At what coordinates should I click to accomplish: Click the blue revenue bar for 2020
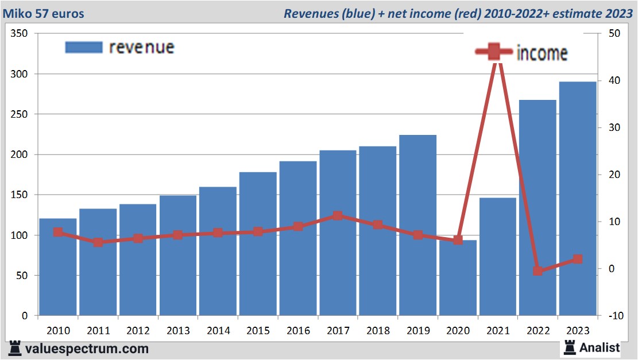(x=458, y=278)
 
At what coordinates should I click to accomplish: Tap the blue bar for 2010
(x=58, y=267)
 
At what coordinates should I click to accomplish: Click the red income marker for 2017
(x=338, y=216)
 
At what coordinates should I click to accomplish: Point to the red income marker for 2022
(x=538, y=270)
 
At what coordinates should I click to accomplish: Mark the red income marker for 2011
(x=98, y=242)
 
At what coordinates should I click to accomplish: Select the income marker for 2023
(x=578, y=259)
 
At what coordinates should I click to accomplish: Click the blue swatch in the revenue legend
(x=83, y=47)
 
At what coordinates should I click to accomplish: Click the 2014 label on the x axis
(x=218, y=331)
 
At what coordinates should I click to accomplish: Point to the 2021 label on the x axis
(x=498, y=331)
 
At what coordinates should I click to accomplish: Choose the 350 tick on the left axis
(x=20, y=33)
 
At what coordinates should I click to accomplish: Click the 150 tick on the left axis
(x=20, y=195)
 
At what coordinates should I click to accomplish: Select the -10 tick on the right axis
(x=609, y=316)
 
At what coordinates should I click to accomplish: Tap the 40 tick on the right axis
(x=609, y=80)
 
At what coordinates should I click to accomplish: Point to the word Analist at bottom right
(x=600, y=347)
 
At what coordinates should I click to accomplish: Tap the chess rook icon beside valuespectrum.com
(x=16, y=348)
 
